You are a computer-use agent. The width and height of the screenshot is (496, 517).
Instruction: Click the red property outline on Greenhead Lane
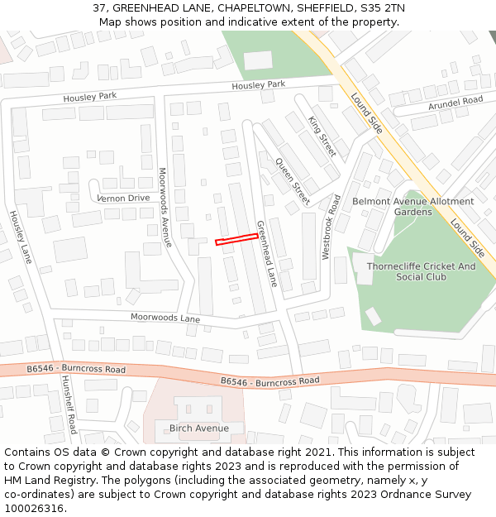tap(236, 239)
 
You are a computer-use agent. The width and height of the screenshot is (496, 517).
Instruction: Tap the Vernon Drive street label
tap(124, 199)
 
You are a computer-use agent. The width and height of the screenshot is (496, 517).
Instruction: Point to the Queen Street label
tap(292, 181)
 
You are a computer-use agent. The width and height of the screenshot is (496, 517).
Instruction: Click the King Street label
tap(322, 136)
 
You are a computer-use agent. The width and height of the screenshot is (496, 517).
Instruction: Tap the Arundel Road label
tap(455, 101)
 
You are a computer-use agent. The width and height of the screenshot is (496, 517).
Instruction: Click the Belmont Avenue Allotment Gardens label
tap(413, 207)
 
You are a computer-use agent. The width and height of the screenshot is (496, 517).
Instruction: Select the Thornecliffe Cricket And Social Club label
tap(421, 271)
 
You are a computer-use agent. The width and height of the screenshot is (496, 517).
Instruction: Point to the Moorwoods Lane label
tap(165, 318)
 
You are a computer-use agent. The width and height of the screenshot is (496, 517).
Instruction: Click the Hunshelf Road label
tap(68, 404)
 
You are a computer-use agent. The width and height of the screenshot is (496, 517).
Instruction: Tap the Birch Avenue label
tap(198, 428)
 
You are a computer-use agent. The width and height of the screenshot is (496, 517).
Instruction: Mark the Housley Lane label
tap(20, 237)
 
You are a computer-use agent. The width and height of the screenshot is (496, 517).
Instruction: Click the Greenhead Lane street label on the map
tap(265, 254)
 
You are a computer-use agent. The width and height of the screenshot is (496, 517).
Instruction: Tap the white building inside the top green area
tap(258, 60)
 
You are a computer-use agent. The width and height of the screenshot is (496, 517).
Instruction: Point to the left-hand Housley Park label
tap(90, 97)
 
